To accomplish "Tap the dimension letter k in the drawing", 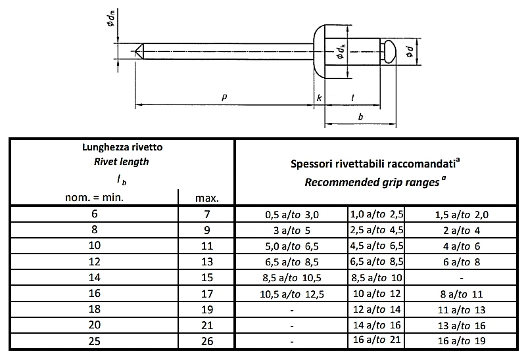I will (x=319, y=98).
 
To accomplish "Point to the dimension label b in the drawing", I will (x=360, y=116).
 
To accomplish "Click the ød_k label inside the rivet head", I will (x=341, y=53).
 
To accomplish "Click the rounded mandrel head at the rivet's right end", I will (x=388, y=51).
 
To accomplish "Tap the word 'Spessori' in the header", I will (x=313, y=164).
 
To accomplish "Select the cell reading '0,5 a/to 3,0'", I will (x=291, y=214).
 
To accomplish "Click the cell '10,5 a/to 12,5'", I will (x=291, y=292).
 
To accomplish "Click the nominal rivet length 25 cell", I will (x=92, y=340).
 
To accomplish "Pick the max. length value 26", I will (x=206, y=340).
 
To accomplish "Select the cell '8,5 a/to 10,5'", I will (x=291, y=277).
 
